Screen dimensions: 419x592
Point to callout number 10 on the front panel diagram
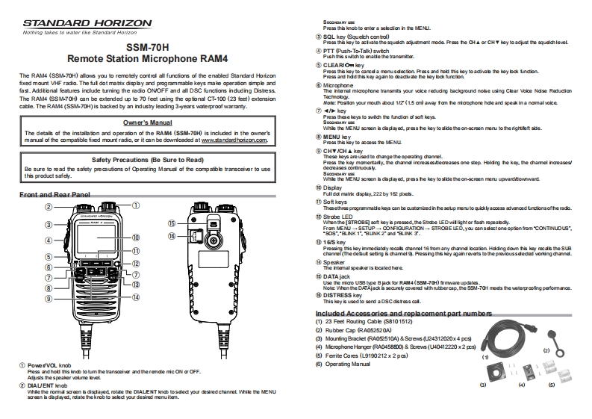[x=136, y=238]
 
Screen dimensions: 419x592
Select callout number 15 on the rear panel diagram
[x=172, y=223]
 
